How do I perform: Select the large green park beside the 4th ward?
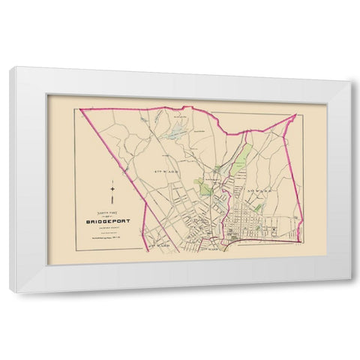[x=202, y=184]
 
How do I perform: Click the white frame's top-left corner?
[x=10, y=68]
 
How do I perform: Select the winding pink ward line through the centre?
[x=220, y=202]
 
